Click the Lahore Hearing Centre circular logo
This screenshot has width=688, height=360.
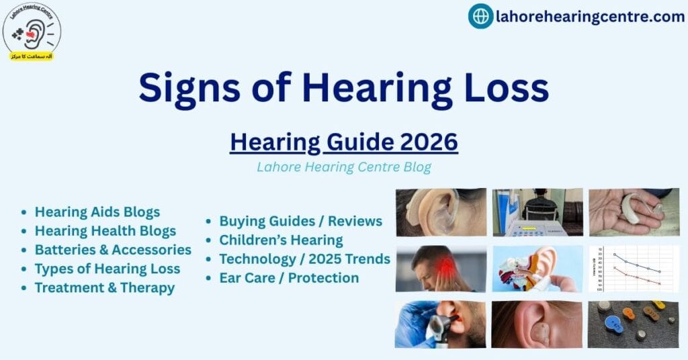[32, 31]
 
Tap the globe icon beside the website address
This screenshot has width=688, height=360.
[480, 16]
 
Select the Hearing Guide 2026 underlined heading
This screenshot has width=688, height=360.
[344, 142]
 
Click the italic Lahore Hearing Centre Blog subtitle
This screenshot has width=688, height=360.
[344, 167]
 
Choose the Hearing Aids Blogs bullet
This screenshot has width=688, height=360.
[97, 212]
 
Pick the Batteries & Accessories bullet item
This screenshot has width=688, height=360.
[113, 250]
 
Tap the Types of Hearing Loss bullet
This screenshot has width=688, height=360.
[107, 269]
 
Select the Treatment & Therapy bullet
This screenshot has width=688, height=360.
[105, 287]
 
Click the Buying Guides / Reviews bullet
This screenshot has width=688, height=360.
[300, 221]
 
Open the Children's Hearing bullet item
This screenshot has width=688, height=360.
[281, 240]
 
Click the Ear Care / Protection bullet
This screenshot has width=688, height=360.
[289, 277]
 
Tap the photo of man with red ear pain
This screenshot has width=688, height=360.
[440, 268]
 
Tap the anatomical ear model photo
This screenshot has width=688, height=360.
[537, 268]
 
